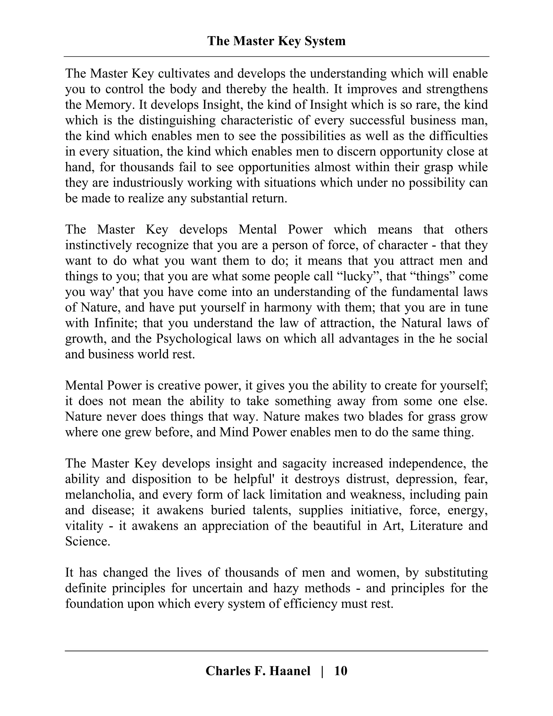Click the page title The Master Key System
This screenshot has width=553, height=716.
276,41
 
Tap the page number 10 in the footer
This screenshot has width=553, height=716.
340,671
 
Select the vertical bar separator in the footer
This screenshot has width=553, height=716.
322,671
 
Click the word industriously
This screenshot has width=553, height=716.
147,183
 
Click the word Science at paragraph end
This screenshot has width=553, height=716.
87,541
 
